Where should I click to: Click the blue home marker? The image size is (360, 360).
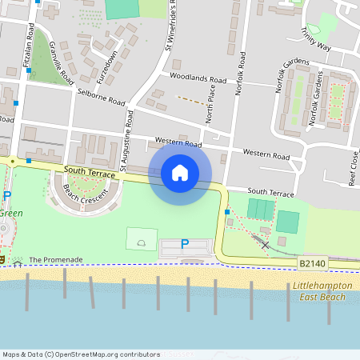point(180,172)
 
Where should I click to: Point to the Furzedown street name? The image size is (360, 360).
point(106,65)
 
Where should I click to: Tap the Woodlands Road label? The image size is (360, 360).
point(198,78)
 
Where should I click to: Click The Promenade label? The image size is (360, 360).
point(56,260)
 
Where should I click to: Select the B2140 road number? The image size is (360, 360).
point(314,262)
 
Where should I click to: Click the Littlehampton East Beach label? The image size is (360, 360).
point(319,291)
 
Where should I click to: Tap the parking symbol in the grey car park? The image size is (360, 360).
point(185,243)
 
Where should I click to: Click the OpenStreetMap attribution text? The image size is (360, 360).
point(81,354)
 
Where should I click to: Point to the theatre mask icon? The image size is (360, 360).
point(3,259)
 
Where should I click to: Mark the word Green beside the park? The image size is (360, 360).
point(11,214)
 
